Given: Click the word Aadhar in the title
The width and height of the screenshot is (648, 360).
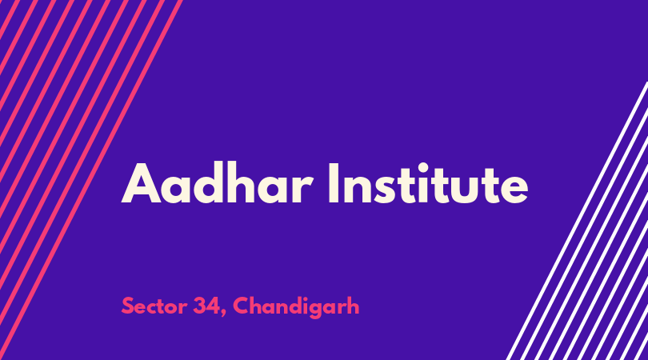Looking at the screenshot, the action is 217,183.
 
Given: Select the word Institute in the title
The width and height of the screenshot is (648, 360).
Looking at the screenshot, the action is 428,183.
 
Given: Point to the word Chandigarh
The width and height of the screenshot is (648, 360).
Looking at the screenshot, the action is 296,307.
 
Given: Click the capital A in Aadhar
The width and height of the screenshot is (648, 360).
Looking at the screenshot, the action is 141,183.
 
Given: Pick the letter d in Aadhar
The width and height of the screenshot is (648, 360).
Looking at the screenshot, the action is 210,183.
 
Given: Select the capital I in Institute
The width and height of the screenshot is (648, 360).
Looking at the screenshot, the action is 334,183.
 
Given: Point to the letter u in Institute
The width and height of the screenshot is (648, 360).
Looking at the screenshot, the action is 472,190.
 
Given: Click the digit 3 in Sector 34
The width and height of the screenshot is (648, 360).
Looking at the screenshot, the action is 200,306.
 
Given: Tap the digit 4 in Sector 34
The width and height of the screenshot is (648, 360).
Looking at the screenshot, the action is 214,306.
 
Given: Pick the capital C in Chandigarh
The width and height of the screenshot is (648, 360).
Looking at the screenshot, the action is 242,306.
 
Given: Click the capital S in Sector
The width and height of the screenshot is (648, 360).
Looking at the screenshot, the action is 128,306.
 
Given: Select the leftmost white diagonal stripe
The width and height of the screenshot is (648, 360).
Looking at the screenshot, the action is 577,221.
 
